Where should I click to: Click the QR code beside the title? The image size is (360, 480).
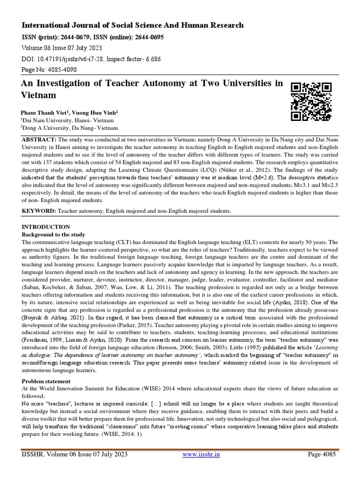[311, 101]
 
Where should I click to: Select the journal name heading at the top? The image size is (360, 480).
[132, 25]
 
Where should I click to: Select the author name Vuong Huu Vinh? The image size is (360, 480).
[96, 113]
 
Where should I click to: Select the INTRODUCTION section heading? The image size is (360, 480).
[46, 227]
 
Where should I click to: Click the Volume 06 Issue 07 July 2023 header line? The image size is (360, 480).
[62, 48]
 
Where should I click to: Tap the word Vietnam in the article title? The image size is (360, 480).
[39, 95]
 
